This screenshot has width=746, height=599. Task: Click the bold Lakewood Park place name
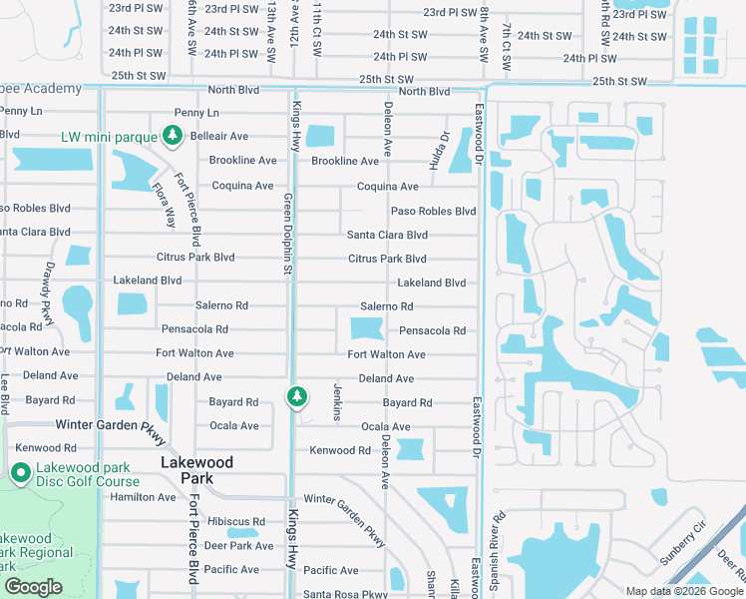tap(197, 470)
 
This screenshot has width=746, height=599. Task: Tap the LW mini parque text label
tap(109, 137)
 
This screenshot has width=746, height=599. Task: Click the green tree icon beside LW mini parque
tap(174, 136)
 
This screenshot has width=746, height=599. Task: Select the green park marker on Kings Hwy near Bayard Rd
tap(296, 397)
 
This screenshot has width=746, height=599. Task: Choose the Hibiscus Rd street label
tap(236, 522)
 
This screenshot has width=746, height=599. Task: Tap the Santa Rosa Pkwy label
tap(345, 594)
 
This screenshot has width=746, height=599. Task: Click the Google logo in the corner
tap(33, 587)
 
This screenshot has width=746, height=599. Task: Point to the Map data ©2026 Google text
tap(684, 591)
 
